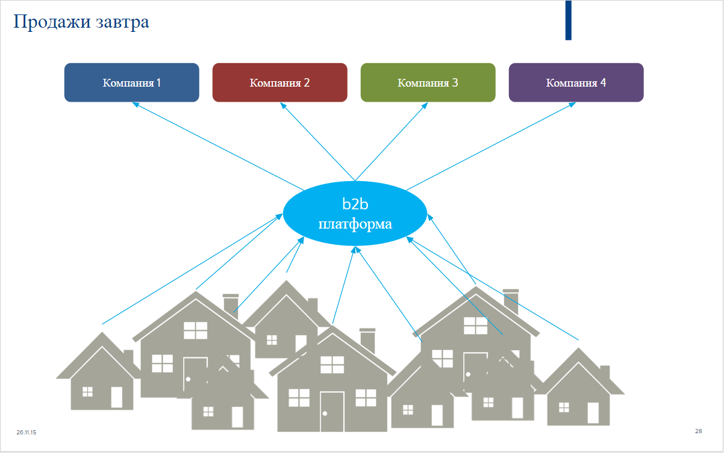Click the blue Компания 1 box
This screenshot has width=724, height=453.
pyautogui.click(x=131, y=82)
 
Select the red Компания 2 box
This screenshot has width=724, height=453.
pyautogui.click(x=279, y=82)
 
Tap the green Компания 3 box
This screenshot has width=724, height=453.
pyautogui.click(x=428, y=82)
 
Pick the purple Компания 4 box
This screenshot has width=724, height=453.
pyautogui.click(x=576, y=82)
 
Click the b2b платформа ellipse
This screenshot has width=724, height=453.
pyautogui.click(x=355, y=213)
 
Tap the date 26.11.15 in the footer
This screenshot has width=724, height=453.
pyautogui.click(x=27, y=432)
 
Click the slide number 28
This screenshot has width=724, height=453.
pyautogui.click(x=698, y=431)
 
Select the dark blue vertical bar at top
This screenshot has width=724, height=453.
pyautogui.click(x=568, y=20)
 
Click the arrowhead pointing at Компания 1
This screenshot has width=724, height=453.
pyautogui.click(x=136, y=104)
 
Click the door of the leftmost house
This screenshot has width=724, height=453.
pyautogui.click(x=116, y=397)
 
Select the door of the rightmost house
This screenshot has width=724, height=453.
pyautogui.click(x=593, y=413)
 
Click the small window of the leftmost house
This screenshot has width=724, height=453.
pyautogui.click(x=87, y=392)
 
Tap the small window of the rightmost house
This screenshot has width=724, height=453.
pyautogui.click(x=564, y=407)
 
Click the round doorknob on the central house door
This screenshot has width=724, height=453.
pyautogui.click(x=325, y=413)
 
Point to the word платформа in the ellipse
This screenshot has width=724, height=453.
pyautogui.click(x=355, y=224)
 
